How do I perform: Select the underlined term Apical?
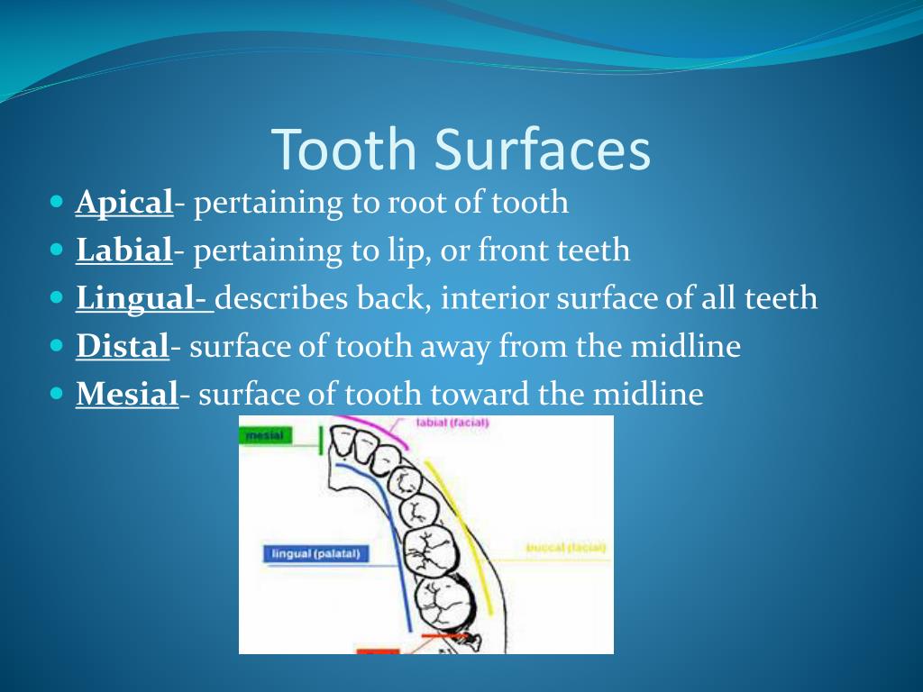tap(123, 202)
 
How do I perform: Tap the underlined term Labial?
tap(123, 250)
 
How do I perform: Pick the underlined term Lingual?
tap(140, 297)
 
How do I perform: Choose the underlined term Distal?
tap(123, 345)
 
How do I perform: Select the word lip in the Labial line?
tap(409, 250)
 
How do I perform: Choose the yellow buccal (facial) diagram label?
tap(565, 547)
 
